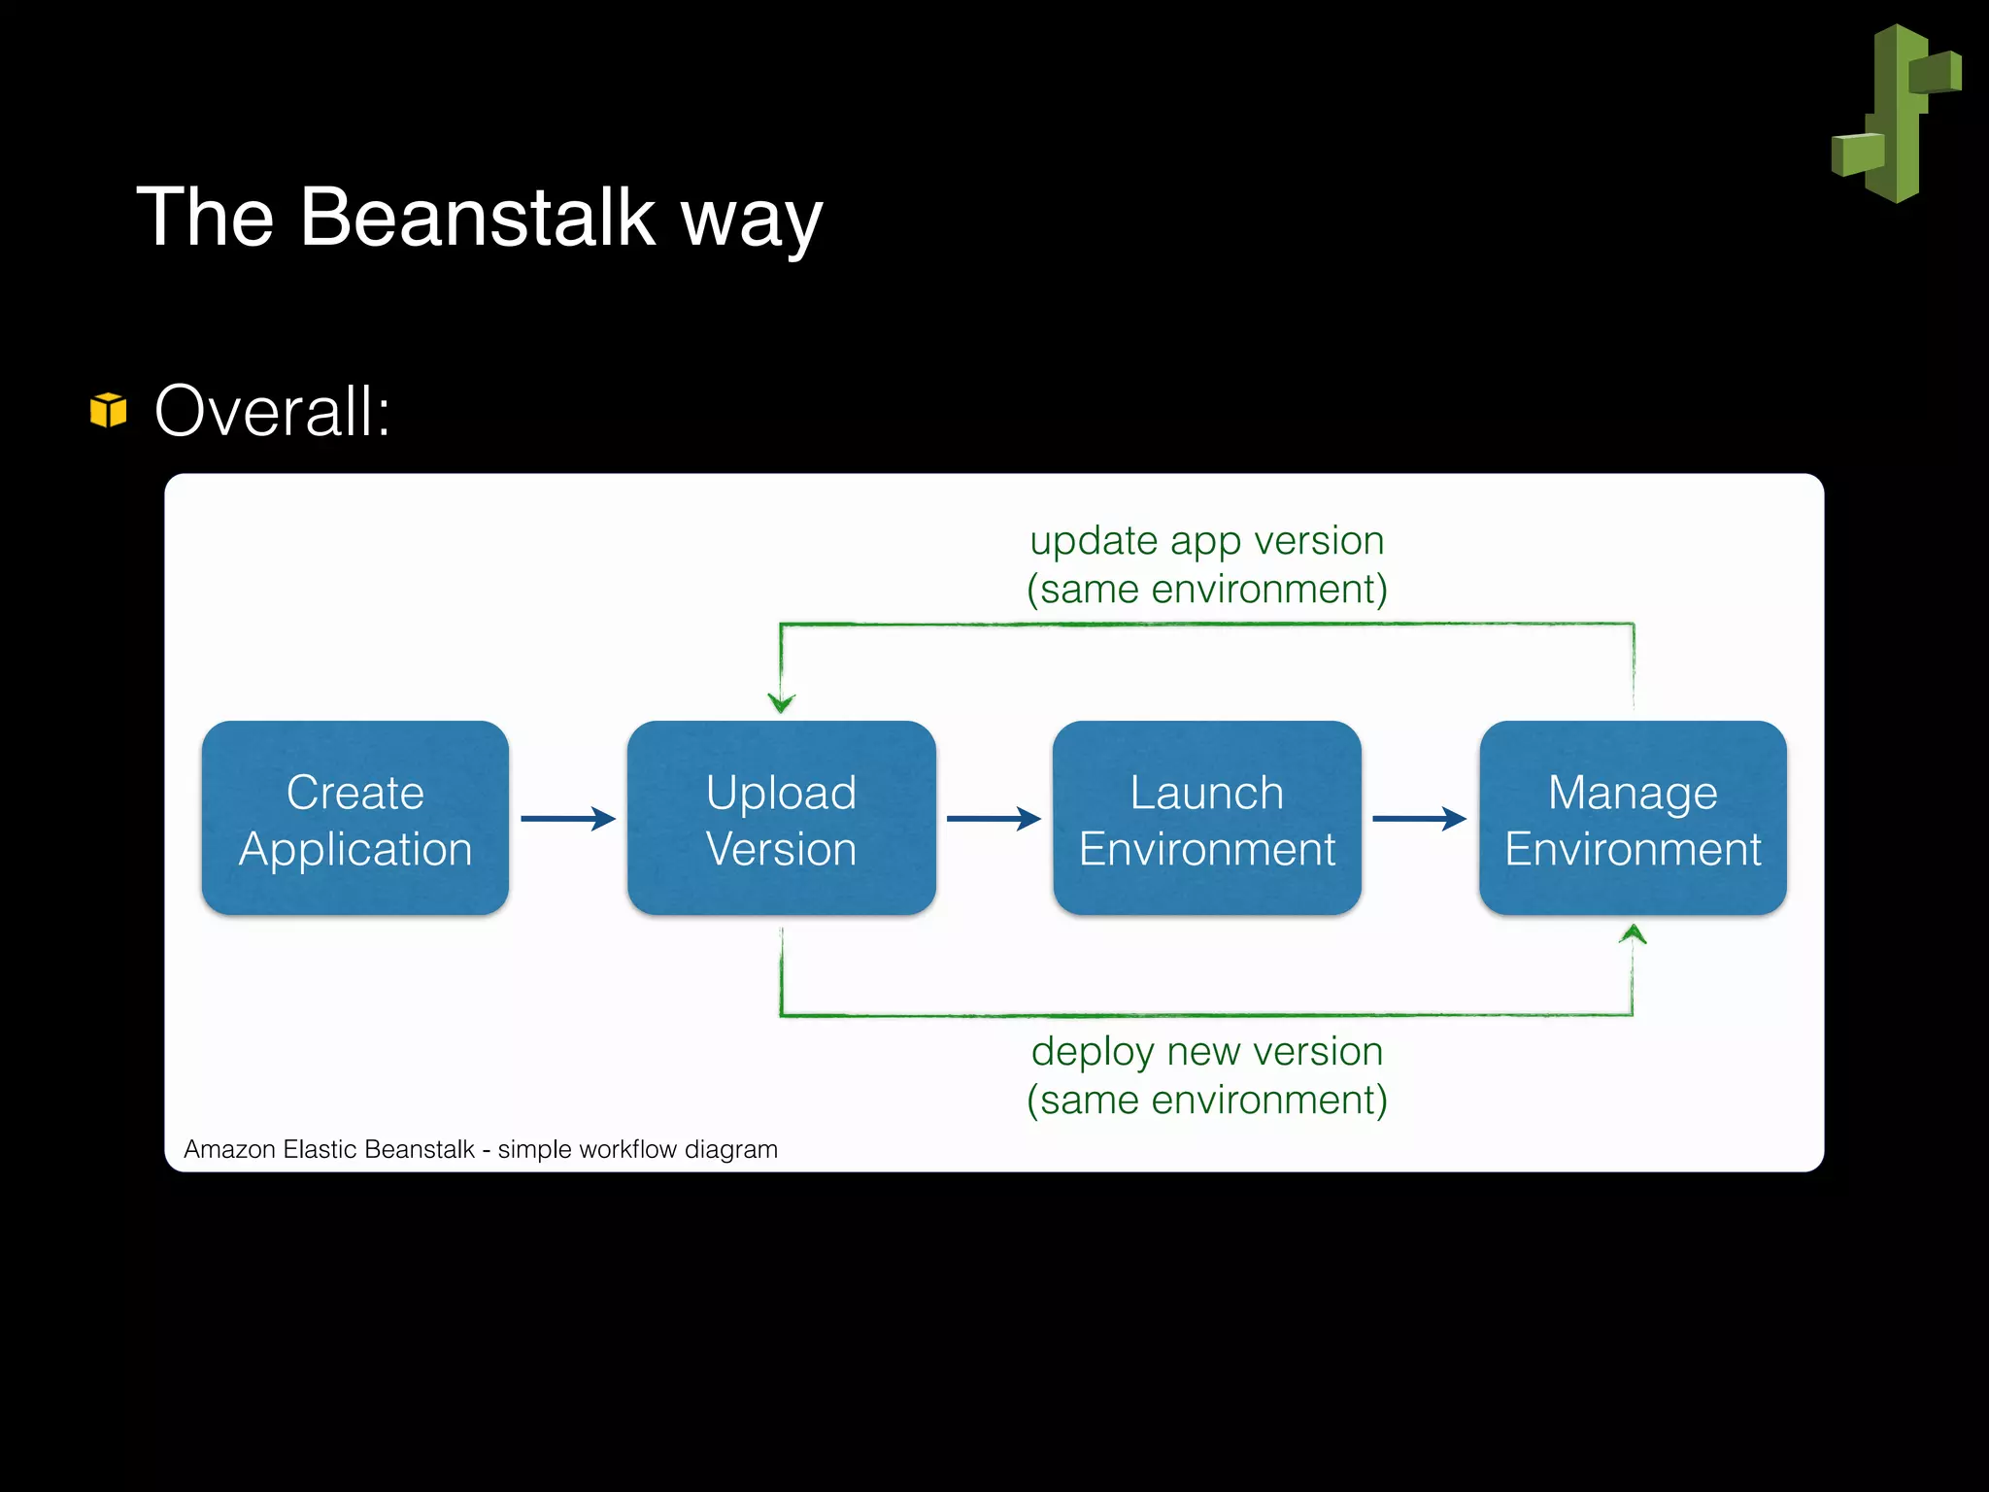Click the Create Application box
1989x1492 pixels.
pos(355,819)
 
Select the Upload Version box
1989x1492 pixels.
pos(781,819)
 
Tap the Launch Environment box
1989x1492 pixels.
pos(1206,819)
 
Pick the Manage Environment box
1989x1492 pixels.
pos(1633,819)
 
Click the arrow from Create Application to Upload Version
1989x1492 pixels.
pos(568,819)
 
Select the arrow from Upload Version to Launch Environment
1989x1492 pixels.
pos(994,819)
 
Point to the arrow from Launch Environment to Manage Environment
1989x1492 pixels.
pos(1419,819)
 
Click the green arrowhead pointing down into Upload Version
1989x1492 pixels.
pos(782,701)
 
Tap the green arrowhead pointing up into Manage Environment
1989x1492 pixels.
pos(1633,934)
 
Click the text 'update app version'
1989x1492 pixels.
pos(1206,541)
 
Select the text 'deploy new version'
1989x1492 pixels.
pos(1206,1052)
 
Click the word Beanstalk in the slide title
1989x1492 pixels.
pos(477,218)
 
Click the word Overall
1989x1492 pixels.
pos(272,412)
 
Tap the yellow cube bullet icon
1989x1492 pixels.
pos(108,410)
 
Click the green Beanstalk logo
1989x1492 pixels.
pos(1896,114)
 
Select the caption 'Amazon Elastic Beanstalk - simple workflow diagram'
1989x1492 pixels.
pos(481,1149)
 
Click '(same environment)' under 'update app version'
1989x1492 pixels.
pos(1206,590)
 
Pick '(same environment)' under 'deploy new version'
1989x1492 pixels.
pos(1206,1101)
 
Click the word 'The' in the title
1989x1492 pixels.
pos(205,218)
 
